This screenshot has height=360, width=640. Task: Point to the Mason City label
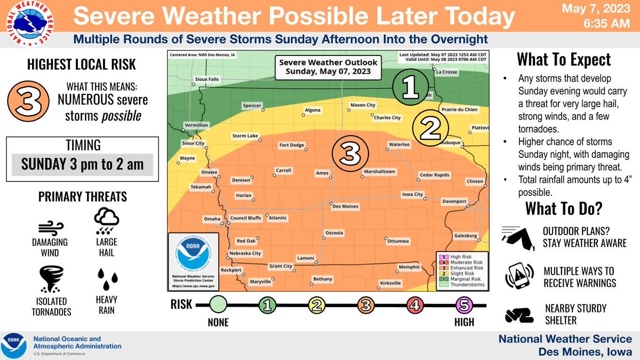[363, 105]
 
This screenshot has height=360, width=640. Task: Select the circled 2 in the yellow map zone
[430, 127]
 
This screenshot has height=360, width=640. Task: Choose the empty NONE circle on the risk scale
[218, 306]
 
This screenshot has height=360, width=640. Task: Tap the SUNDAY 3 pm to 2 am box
[82, 164]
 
